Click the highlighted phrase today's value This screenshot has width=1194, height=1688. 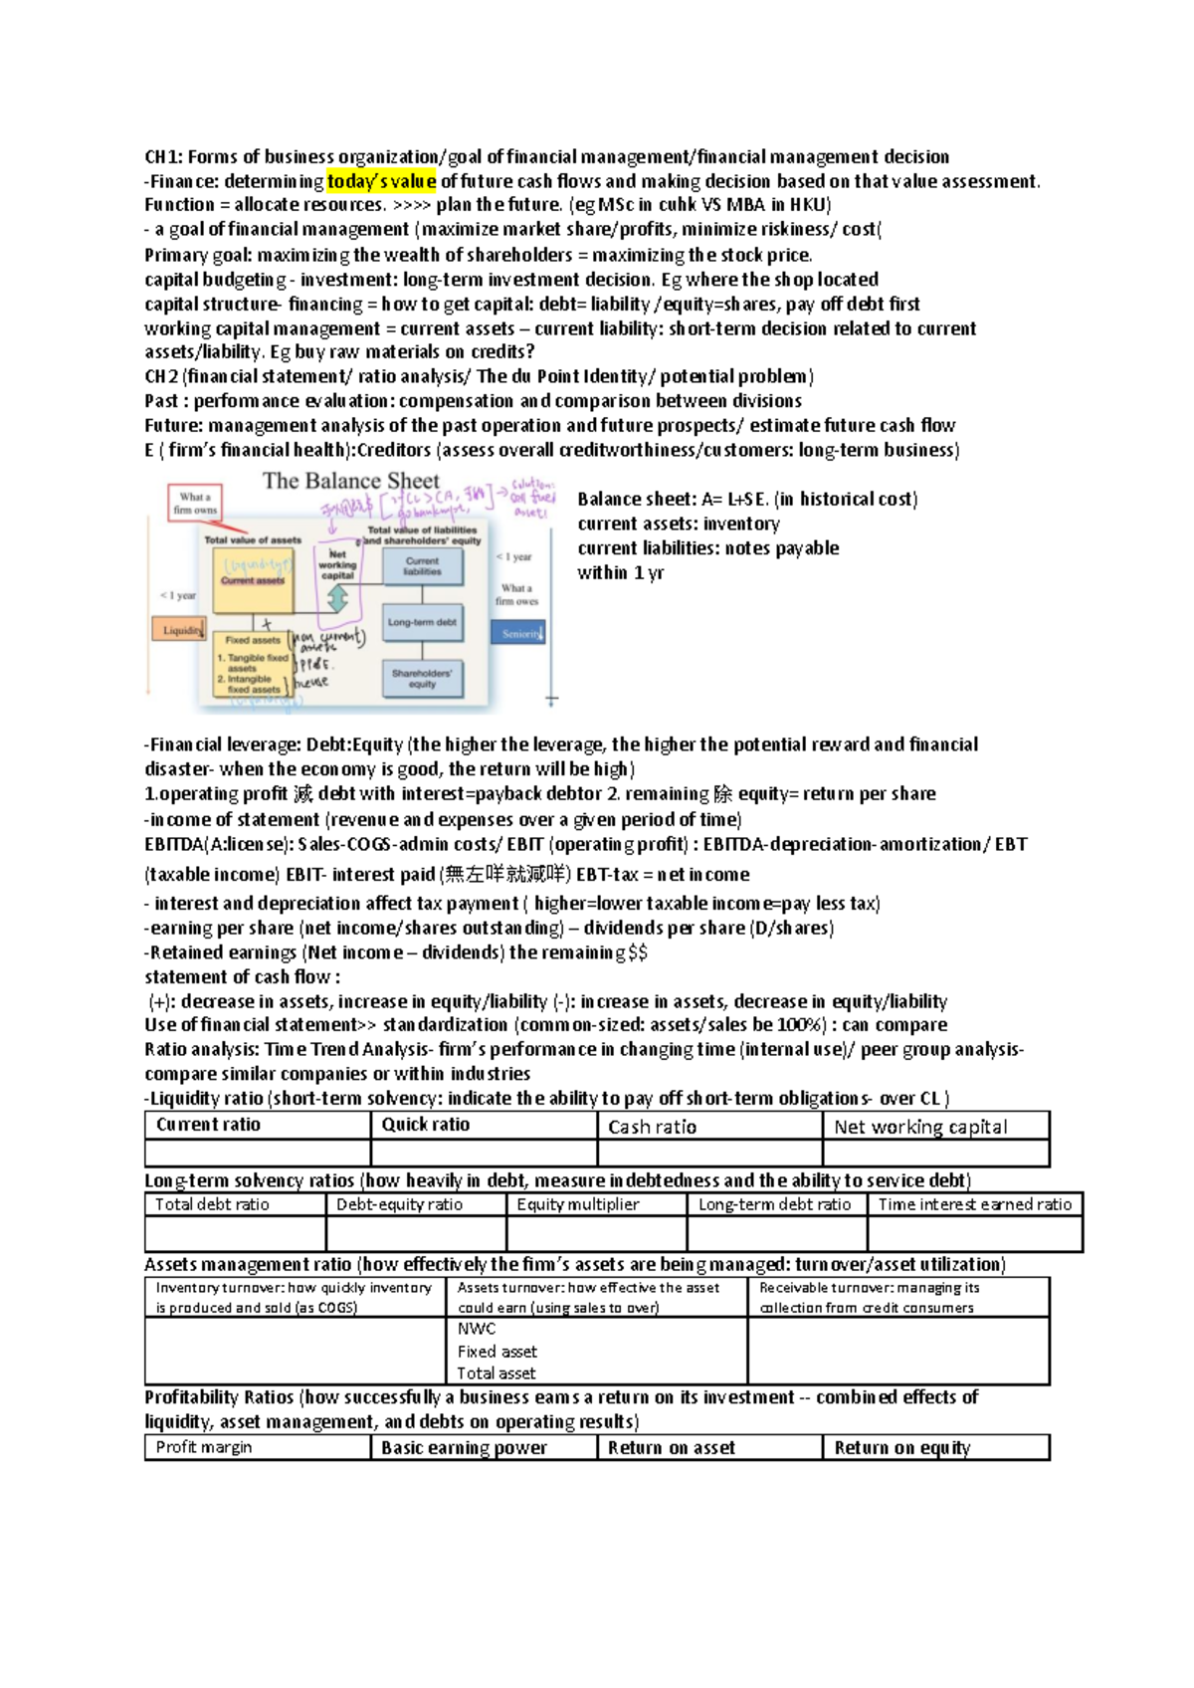pyautogui.click(x=381, y=181)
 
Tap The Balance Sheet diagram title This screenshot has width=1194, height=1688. pyautogui.click(x=350, y=481)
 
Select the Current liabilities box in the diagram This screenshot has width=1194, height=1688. pyautogui.click(x=422, y=566)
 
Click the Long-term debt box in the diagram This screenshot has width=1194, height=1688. pyautogui.click(x=422, y=622)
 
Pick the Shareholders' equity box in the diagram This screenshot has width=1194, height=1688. pyautogui.click(x=422, y=679)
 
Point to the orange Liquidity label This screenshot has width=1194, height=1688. pyautogui.click(x=179, y=630)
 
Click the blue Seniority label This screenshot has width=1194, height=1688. pyautogui.click(x=519, y=633)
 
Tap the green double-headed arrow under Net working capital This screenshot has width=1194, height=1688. pyautogui.click(x=337, y=598)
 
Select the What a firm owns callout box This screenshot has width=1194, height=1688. pyautogui.click(x=195, y=503)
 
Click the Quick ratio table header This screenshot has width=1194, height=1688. pyautogui.click(x=426, y=1125)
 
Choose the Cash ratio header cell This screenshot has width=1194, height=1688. pyautogui.click(x=652, y=1127)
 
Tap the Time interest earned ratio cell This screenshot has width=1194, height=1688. pyautogui.click(x=974, y=1204)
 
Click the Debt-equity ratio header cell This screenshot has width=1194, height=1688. pyautogui.click(x=399, y=1204)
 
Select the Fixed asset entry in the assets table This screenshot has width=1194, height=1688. pyautogui.click(x=497, y=1352)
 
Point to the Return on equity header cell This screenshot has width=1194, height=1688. pyautogui.click(x=901, y=1448)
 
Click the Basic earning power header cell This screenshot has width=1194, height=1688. pyautogui.click(x=464, y=1448)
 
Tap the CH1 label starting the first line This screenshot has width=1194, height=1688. pyautogui.click(x=162, y=156)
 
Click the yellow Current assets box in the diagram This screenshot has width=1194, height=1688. pyautogui.click(x=253, y=579)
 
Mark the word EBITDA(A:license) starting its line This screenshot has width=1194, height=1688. pyautogui.click(x=218, y=844)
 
